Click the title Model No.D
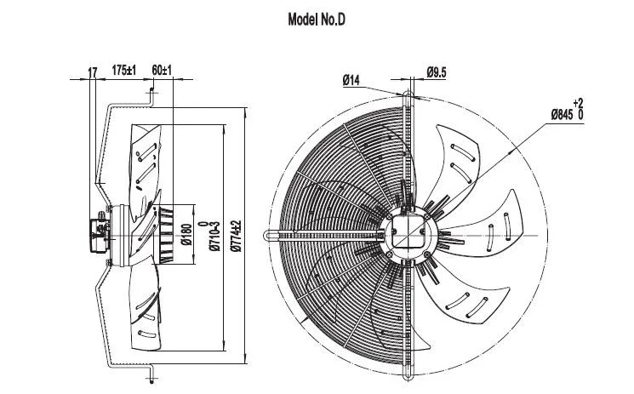point(317,20)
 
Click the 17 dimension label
point(93,72)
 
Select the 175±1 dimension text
point(124,71)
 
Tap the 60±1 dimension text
point(162,71)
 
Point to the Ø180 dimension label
point(187,235)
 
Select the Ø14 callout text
point(351,80)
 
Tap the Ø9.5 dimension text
point(437,73)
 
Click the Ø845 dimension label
point(562,115)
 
